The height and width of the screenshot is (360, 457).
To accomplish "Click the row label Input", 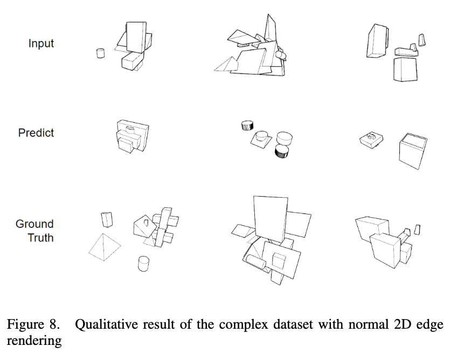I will (x=41, y=43).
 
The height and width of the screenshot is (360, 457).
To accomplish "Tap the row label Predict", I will (x=36, y=133).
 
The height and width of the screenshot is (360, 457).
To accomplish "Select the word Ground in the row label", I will (x=34, y=224).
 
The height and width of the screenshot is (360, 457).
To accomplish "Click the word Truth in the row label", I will (x=41, y=237).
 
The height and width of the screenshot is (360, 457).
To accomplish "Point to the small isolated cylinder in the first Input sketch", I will (x=100, y=53).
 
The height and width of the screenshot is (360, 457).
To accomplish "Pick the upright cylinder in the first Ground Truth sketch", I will (x=143, y=264).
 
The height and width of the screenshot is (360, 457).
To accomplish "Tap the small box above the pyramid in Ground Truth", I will (x=107, y=219).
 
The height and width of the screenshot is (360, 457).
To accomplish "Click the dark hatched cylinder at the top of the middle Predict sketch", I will (x=247, y=126).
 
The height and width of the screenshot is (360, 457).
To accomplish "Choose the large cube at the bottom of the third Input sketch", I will (x=405, y=69).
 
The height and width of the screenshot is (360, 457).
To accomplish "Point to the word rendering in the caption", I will (x=34, y=341).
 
